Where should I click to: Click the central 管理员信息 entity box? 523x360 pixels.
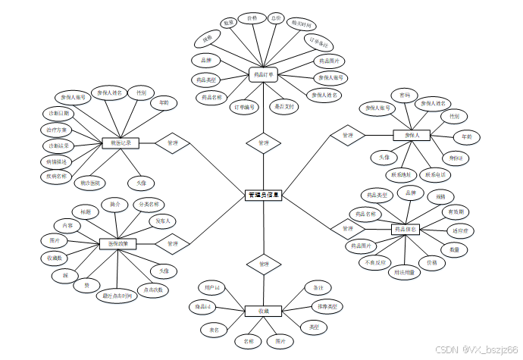[x=264, y=196]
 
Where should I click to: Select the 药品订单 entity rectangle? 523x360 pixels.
[x=264, y=74]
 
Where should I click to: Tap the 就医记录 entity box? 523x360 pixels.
[x=121, y=142]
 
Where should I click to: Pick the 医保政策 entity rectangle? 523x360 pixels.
[x=118, y=243]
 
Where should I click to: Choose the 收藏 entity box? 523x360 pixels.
[x=264, y=311]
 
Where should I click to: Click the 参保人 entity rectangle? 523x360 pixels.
[x=412, y=135]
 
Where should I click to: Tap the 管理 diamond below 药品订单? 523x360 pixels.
[x=264, y=142]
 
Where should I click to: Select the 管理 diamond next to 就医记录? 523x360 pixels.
[x=172, y=142]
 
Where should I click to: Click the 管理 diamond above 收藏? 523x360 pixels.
[x=264, y=265]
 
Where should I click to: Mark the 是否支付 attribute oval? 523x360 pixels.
[x=285, y=107]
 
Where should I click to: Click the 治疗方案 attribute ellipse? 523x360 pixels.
[x=58, y=130]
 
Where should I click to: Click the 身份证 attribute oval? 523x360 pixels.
[x=456, y=158]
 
